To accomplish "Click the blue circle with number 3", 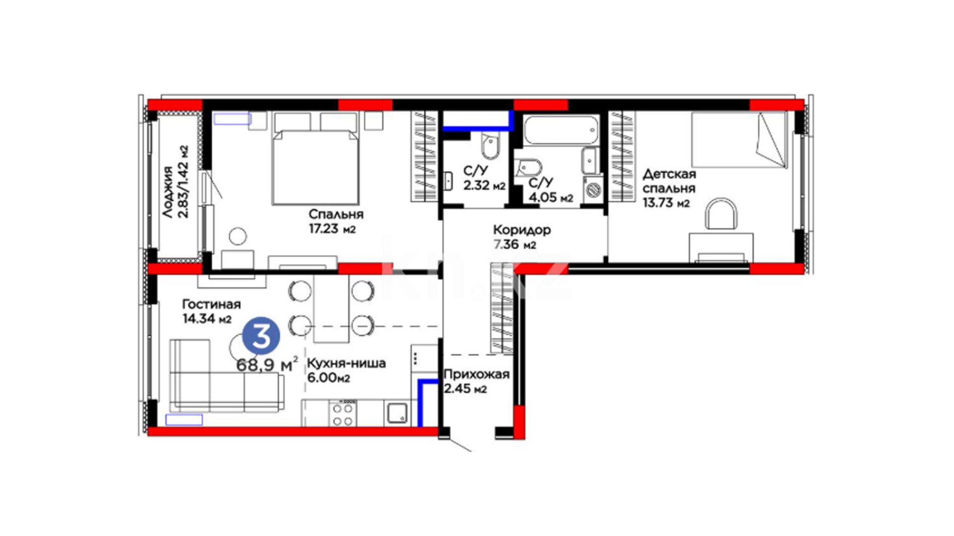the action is coord(261,336).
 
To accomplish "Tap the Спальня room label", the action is coord(336,214).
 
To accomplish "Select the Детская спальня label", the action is coord(669,181).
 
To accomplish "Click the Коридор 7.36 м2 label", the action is coord(522,237).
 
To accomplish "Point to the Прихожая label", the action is coord(477,374).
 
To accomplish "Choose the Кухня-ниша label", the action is coord(346,363).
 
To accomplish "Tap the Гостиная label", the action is coord(211,304).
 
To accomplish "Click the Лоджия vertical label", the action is coord(168,192).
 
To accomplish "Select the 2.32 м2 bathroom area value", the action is coord(484,186).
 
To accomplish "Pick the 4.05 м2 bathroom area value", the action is coord(551,198).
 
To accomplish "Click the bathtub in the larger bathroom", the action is coord(561,130).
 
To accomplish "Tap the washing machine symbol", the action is coord(593,189).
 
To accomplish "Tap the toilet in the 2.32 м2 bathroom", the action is coord(490,146).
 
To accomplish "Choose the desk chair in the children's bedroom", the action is coord(721,214).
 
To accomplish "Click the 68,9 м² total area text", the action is coord(267,365).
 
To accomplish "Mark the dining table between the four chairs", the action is coord(331,308).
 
